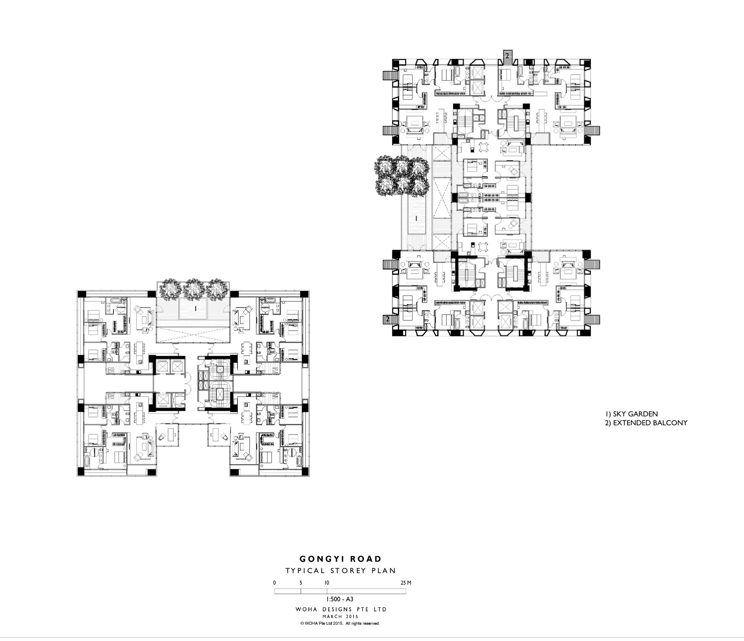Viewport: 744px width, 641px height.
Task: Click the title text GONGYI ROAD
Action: [340, 559]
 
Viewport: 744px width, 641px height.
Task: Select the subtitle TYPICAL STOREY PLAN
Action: [340, 570]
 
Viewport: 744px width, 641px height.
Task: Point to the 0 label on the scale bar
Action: [275, 583]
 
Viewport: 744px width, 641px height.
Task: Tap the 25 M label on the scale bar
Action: [406, 583]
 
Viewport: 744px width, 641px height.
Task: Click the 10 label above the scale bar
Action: [327, 583]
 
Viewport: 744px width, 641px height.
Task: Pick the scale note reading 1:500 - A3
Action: [340, 599]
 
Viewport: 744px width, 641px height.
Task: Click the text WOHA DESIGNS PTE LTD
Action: [341, 609]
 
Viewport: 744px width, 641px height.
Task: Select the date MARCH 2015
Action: [340, 616]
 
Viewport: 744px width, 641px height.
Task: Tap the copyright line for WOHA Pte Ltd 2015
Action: [340, 624]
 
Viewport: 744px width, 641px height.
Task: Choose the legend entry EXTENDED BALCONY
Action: [646, 423]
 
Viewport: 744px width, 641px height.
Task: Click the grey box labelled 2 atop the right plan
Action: [507, 55]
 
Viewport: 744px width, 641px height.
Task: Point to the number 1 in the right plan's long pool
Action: [417, 218]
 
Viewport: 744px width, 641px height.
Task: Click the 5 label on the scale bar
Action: [301, 583]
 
